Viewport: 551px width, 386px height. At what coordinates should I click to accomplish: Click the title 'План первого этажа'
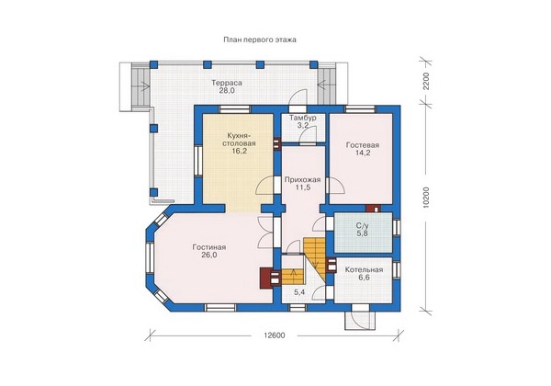[x=260, y=40]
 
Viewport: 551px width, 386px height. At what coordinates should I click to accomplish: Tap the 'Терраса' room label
[x=227, y=83]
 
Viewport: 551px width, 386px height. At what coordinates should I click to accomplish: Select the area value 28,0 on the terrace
[x=227, y=91]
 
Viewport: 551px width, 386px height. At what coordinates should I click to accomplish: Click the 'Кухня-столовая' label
[x=241, y=140]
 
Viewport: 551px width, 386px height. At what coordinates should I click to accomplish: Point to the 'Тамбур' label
[x=303, y=118]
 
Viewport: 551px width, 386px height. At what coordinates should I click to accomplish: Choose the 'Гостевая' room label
[x=363, y=145]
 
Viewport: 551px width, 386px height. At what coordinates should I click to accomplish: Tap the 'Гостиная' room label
[x=209, y=247]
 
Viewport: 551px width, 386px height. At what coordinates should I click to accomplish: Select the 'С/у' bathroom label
[x=363, y=226]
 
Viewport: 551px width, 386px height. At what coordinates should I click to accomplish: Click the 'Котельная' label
[x=364, y=270]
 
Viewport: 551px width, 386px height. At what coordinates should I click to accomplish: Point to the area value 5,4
[x=299, y=291]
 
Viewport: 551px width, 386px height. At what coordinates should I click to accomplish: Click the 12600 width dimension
[x=275, y=335]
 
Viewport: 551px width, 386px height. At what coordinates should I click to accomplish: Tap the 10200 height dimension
[x=426, y=198]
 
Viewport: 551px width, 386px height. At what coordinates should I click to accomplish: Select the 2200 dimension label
[x=426, y=81]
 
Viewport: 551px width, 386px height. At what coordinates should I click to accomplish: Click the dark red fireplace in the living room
[x=264, y=278]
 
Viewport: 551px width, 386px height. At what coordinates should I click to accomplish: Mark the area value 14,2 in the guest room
[x=363, y=153]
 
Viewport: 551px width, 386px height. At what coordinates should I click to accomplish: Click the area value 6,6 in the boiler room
[x=364, y=278]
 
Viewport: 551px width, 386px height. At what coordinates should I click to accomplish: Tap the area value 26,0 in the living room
[x=209, y=255]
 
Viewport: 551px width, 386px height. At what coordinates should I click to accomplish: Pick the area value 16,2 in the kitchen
[x=240, y=151]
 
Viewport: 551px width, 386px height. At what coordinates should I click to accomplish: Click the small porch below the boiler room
[x=361, y=320]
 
